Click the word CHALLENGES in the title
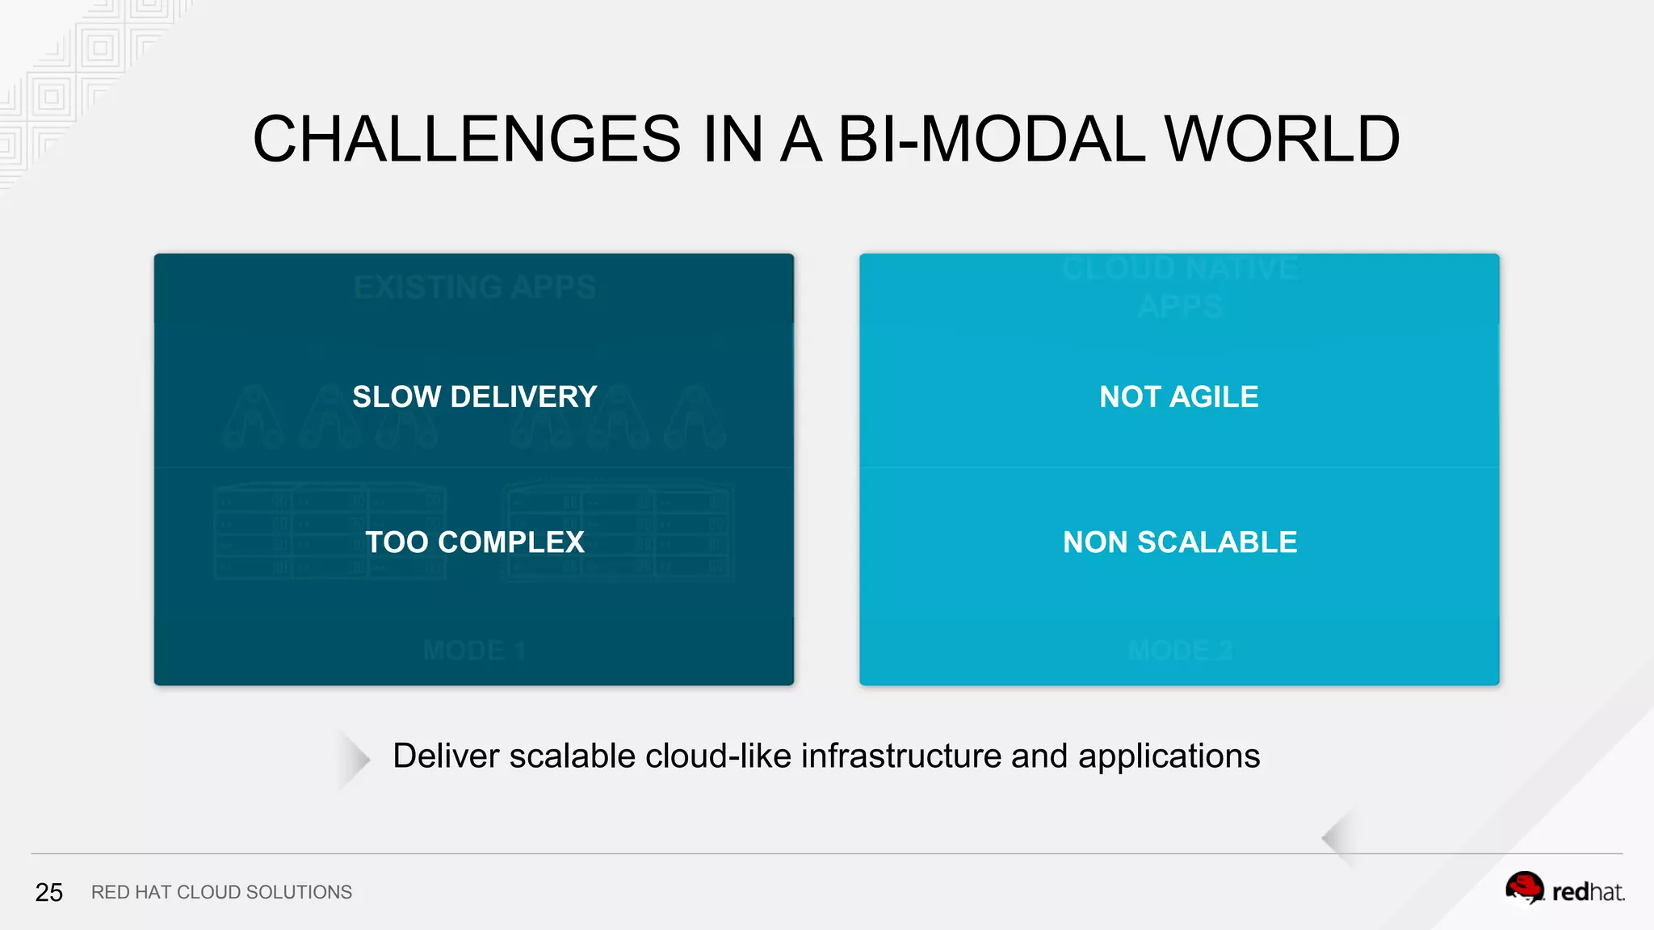[x=467, y=139]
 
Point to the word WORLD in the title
[x=1282, y=139]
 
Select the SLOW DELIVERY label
[x=474, y=396]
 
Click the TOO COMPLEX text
[x=474, y=542]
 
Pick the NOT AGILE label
[x=1178, y=396]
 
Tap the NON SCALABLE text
[x=1179, y=542]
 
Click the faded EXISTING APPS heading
[x=474, y=287]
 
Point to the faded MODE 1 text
[x=474, y=650]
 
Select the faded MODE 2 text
[x=1179, y=650]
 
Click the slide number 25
[x=48, y=892]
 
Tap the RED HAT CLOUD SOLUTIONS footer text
[x=221, y=892]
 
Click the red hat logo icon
[x=1524, y=889]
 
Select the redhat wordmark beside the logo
[x=1588, y=892]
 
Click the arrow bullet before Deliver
[x=353, y=758]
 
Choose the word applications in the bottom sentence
[x=1169, y=756]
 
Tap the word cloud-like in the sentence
[x=718, y=756]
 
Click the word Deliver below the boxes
[x=446, y=756]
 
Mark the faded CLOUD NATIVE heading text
[x=1179, y=268]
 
